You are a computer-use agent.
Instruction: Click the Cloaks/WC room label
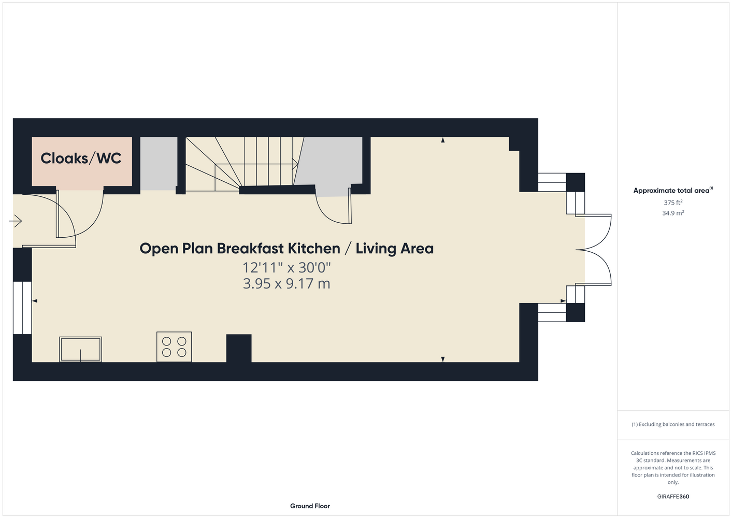[81, 158]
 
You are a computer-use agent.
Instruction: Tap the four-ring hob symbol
[174, 347]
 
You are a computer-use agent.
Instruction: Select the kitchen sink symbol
[80, 349]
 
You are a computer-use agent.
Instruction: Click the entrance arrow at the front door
[16, 221]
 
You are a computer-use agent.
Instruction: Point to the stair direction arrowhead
[295, 164]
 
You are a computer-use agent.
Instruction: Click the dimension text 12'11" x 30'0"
[286, 268]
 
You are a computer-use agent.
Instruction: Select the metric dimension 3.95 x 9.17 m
[286, 284]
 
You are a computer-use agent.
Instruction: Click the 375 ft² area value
[673, 203]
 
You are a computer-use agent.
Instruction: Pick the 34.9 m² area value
[673, 213]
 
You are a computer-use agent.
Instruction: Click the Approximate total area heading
[673, 190]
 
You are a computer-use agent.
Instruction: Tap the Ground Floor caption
[310, 506]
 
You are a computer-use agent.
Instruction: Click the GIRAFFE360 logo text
[673, 496]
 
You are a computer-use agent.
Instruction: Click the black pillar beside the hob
[239, 348]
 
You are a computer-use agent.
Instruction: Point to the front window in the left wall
[22, 308]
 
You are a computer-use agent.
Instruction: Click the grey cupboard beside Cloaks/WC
[159, 163]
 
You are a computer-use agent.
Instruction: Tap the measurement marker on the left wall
[35, 300]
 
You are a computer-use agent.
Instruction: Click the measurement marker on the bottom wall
[443, 359]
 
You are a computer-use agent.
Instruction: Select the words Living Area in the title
[394, 248]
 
